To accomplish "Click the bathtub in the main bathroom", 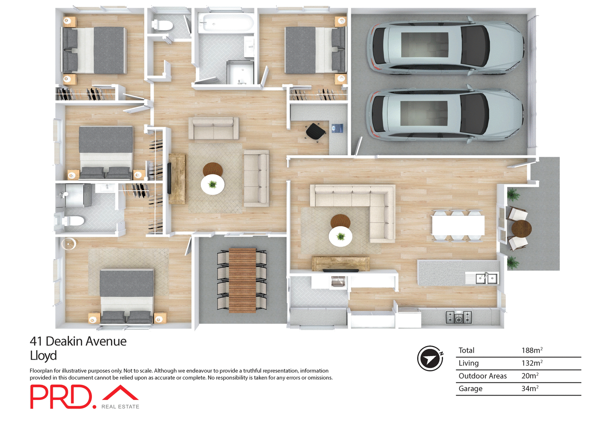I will (x=226, y=23).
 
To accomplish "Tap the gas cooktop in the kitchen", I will (x=458, y=317).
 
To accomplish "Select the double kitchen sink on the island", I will (x=486, y=279).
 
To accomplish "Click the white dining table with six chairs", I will (x=458, y=225).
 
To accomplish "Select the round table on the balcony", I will (x=521, y=228).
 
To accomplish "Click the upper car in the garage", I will (x=445, y=48).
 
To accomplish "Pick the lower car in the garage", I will (x=445, y=115).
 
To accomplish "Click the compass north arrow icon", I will (x=430, y=359).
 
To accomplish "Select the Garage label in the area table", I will (x=470, y=388).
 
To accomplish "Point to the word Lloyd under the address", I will (x=43, y=356).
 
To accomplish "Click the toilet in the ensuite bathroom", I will (x=73, y=220).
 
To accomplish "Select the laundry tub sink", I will (x=338, y=282).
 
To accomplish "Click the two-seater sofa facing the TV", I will (x=214, y=128).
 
